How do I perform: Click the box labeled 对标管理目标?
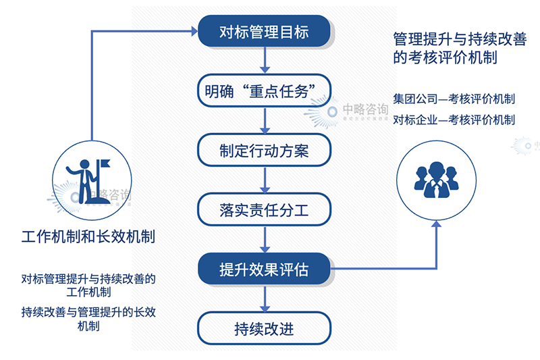point(264,31)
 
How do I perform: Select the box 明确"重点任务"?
point(264,91)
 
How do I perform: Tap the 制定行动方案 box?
point(264,151)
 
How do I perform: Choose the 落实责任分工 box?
point(264,210)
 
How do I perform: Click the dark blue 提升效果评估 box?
point(264,269)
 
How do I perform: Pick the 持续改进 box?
point(264,329)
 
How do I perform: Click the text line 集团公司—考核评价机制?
point(454,99)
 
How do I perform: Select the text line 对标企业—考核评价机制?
point(454,120)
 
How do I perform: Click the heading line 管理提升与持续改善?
point(465,38)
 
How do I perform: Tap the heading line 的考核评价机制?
point(445,57)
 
